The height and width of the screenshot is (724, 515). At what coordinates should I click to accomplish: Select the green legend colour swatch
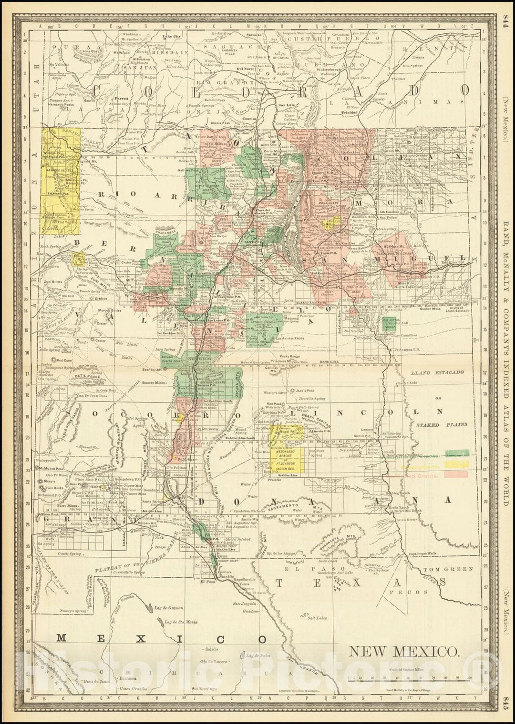coord(457,453)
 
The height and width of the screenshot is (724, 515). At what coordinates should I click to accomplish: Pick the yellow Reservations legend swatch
coord(457,463)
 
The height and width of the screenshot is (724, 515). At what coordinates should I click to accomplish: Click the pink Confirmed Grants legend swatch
coord(457,474)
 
